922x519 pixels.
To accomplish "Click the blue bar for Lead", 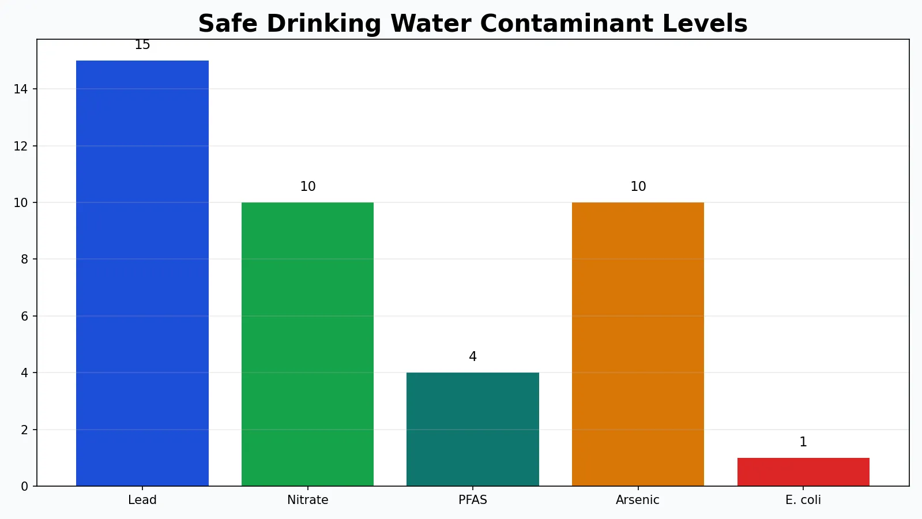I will tap(142, 273).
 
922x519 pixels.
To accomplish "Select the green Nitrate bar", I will tap(307, 344).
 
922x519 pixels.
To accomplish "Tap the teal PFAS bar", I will tap(473, 429).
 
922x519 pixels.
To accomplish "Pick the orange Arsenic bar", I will tap(638, 344).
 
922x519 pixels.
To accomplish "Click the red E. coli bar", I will tap(803, 472).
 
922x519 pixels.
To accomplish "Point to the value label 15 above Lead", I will tap(142, 45).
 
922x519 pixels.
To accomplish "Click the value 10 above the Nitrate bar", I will tap(308, 186).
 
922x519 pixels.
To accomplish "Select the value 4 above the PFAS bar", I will tap(473, 356).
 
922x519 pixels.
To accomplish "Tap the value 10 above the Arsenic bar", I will tap(638, 186).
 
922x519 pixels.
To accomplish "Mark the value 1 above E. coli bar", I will tap(803, 442).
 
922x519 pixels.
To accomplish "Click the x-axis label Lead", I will tap(142, 500).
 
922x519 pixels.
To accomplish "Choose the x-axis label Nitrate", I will tap(308, 500).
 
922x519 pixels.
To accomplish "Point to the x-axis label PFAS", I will tap(473, 500).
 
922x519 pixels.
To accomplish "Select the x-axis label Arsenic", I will tap(638, 500).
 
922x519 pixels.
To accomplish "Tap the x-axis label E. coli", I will tap(803, 500).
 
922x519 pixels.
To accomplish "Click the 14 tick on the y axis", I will tap(21, 89).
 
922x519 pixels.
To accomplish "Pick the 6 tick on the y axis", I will tap(24, 316).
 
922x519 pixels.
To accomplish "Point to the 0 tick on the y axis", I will tap(24, 487).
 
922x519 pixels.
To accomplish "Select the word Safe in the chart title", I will tap(228, 24).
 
